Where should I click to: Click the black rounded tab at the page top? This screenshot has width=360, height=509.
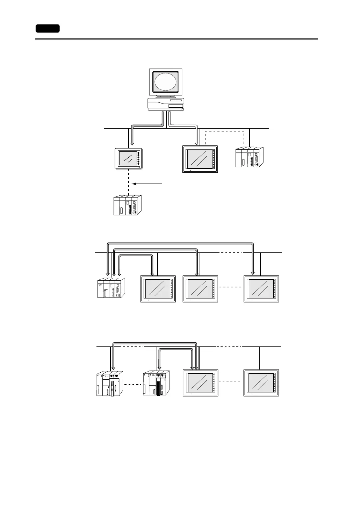[48, 28]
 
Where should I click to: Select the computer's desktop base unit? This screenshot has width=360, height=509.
[166, 104]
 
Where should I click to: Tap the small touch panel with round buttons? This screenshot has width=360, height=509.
[129, 159]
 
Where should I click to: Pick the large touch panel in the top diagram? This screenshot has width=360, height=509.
[200, 159]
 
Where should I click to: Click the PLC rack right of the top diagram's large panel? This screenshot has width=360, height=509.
[249, 157]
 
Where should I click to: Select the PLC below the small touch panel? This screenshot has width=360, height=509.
[128, 205]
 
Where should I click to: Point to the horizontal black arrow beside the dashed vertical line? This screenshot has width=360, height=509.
[148, 183]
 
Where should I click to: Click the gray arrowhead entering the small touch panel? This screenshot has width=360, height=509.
[132, 143]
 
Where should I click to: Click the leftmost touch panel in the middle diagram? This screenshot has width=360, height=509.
[158, 289]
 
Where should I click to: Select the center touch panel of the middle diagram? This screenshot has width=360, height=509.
[200, 289]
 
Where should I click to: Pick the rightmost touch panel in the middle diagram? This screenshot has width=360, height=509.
[261, 289]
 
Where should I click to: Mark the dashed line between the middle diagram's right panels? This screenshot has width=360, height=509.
[230, 287]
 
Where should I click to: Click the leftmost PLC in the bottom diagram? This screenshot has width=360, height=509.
[109, 383]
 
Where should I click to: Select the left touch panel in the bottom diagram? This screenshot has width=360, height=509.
[200, 383]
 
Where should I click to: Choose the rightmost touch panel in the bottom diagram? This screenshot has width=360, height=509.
[261, 383]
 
